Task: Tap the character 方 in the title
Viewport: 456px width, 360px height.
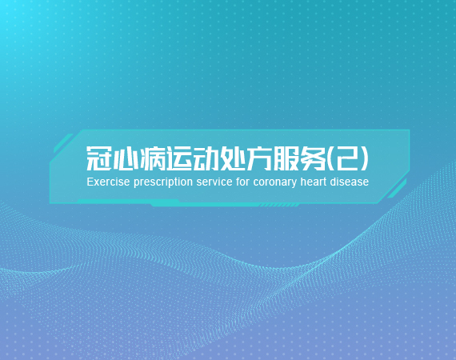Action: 260,158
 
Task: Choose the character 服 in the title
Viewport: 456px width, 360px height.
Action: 286,158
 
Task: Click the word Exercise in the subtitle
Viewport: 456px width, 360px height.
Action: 108,182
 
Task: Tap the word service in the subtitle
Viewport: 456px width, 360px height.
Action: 214,182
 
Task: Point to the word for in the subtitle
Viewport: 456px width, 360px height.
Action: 243,182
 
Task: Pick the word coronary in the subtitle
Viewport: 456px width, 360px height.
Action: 275,183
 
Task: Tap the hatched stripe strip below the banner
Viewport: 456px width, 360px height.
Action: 278,206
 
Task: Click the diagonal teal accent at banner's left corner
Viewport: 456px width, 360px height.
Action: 63,143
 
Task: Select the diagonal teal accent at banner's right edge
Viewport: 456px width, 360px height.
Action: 397,189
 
